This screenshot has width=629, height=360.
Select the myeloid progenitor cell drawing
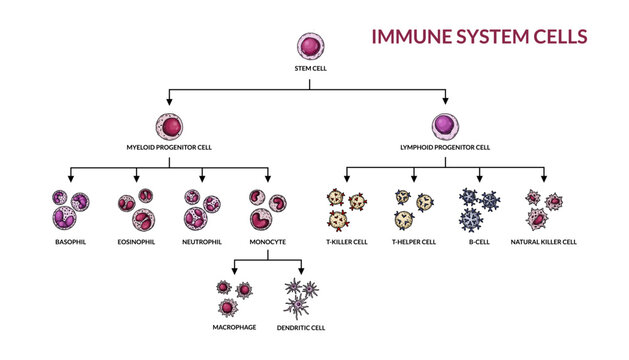point(170,126)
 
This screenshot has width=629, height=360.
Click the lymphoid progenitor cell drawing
point(446,126)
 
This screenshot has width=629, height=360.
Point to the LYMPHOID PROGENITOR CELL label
point(446,148)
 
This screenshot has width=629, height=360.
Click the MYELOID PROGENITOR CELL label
point(170,148)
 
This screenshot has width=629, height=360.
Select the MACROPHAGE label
point(234,327)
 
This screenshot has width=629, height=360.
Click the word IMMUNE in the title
point(410,37)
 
